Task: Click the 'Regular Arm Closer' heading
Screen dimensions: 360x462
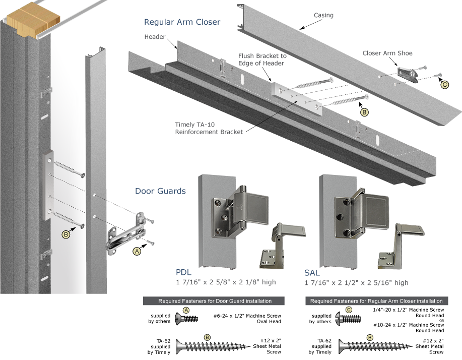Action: [x=182, y=22]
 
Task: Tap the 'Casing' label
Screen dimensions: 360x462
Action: [x=323, y=16]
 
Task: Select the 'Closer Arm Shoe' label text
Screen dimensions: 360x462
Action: [x=387, y=53]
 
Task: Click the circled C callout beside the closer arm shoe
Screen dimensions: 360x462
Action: [x=444, y=85]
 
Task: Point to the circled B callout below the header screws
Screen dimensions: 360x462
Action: [x=364, y=111]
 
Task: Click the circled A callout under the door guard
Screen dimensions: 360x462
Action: [x=136, y=251]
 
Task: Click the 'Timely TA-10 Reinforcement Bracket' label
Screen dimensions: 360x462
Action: [x=209, y=128]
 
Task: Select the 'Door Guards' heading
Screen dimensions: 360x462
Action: [x=160, y=191]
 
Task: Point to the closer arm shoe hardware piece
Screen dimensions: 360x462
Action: [x=412, y=75]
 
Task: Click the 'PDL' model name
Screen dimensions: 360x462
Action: [x=183, y=273]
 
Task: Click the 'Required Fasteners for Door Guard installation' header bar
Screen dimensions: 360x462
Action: [x=215, y=301]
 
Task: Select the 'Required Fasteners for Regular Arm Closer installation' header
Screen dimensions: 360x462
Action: [x=376, y=301]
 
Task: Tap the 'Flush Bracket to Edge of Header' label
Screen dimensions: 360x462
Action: [x=262, y=59]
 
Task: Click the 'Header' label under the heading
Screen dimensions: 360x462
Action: [x=155, y=37]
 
